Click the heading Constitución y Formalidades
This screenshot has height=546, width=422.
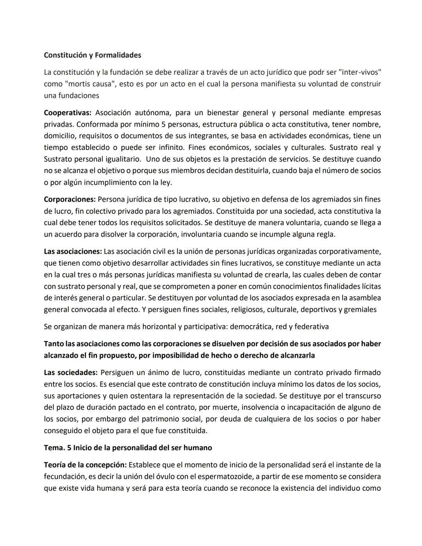(92, 55)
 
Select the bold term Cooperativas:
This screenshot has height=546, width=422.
(68, 113)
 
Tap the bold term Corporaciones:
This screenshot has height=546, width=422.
(70, 199)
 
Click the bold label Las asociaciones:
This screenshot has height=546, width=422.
(73, 251)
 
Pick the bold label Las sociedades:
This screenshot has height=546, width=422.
(70, 372)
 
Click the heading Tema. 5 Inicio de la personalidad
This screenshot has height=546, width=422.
(128, 448)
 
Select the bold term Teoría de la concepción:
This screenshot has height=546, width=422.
(85, 465)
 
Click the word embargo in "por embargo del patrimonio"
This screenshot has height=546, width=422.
(90, 419)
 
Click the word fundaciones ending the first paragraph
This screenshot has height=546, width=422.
(79, 96)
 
